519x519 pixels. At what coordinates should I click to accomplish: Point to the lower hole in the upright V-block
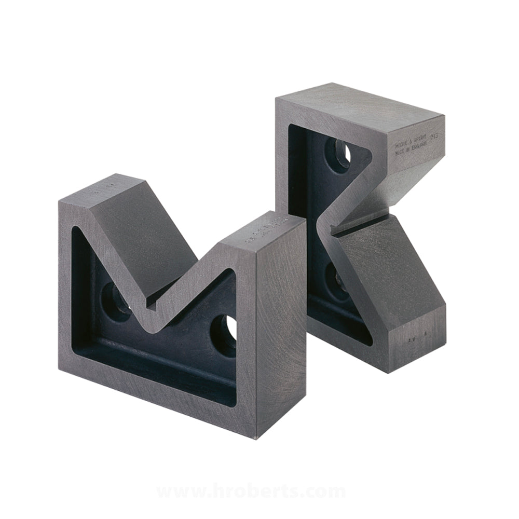click(337, 276)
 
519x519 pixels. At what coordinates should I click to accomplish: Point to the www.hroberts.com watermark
click(251, 490)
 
